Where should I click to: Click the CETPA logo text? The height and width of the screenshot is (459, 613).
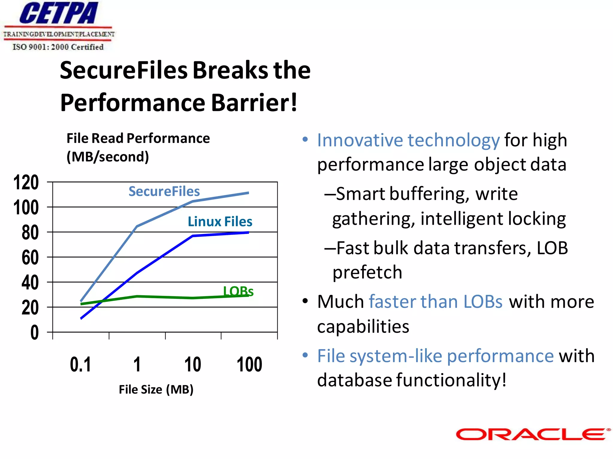click(59, 13)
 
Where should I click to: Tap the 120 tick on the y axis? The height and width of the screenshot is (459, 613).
click(26, 182)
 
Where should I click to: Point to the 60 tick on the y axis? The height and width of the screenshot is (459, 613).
click(30, 257)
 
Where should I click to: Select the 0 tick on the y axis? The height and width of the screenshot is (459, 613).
click(34, 332)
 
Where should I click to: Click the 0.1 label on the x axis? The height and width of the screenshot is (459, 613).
click(80, 364)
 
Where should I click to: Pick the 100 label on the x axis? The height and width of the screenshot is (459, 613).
click(249, 364)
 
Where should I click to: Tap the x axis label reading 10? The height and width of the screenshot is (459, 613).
click(192, 364)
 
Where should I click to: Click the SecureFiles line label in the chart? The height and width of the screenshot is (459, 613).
click(164, 191)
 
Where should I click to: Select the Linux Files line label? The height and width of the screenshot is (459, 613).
click(220, 221)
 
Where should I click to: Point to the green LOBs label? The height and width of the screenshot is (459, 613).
click(238, 291)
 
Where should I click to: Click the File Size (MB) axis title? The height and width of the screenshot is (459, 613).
click(156, 389)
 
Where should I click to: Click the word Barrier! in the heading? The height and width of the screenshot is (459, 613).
click(254, 102)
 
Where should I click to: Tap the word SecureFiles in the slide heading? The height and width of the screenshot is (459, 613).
click(124, 70)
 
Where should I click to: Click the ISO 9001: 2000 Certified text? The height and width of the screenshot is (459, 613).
click(58, 47)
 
